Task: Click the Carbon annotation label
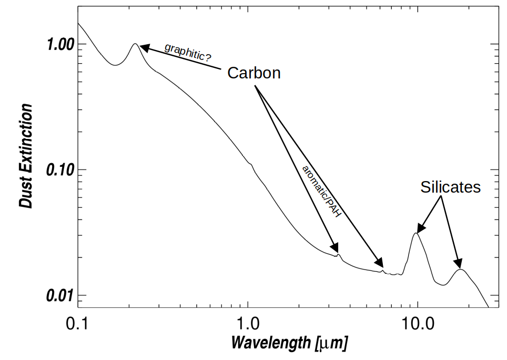253,73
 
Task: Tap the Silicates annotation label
451,187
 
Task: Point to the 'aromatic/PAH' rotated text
322,192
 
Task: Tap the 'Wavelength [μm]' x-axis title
289,343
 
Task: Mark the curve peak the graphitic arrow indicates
135,44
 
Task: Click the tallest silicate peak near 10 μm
416,233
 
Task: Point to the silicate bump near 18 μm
461,269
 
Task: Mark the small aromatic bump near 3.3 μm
338,255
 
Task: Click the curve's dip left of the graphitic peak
115,65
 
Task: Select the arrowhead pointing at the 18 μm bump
458,264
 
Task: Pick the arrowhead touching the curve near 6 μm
379,264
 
